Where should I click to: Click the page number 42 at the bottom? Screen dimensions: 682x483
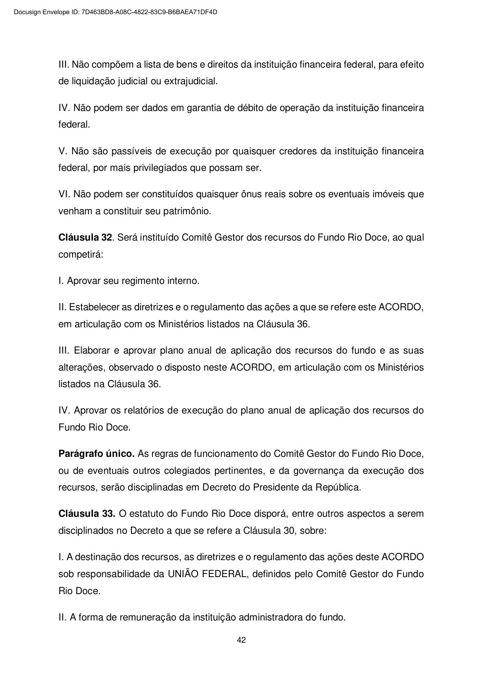click(241, 640)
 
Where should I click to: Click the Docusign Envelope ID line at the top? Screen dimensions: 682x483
click(115, 12)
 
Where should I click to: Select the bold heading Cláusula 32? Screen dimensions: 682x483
click(85, 237)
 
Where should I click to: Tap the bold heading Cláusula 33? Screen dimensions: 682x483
click(86, 514)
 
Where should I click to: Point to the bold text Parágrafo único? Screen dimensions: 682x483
click(97, 454)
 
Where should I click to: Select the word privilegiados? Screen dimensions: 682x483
click(160, 168)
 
